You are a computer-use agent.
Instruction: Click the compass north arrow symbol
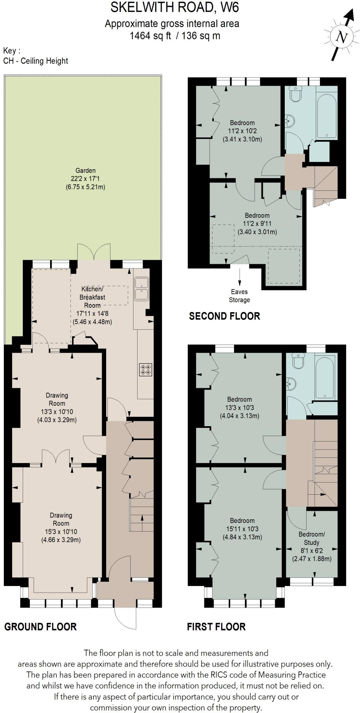(x=342, y=36)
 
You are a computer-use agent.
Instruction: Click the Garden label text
(x=85, y=171)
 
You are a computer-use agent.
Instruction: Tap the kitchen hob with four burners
(x=146, y=369)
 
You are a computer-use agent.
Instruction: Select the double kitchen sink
(x=142, y=289)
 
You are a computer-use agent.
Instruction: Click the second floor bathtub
(x=327, y=115)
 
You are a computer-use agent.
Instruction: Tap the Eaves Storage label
(x=239, y=296)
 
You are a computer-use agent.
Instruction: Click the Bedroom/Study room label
(x=311, y=538)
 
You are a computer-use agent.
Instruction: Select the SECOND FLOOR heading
(x=225, y=316)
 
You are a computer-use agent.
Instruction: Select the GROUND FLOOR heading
(x=40, y=627)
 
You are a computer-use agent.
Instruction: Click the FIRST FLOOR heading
(x=216, y=627)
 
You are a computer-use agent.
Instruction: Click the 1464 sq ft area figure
(x=150, y=36)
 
